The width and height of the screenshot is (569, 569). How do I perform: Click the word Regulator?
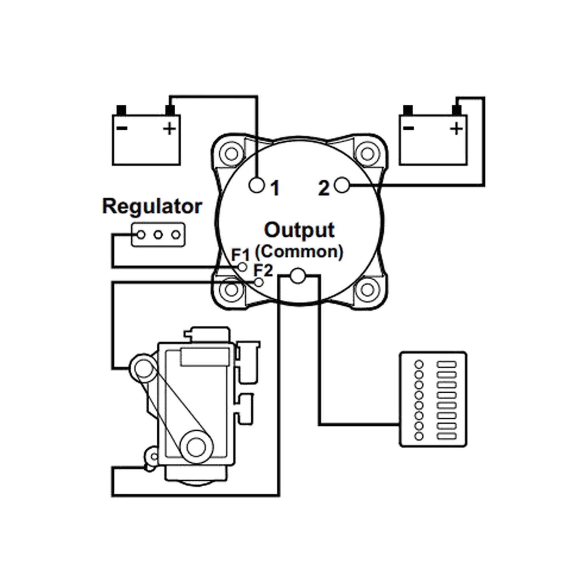[152, 206]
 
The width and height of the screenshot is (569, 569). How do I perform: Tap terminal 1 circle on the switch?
[257, 185]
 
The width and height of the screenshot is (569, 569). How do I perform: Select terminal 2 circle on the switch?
[341, 185]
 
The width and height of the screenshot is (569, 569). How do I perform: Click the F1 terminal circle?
[243, 267]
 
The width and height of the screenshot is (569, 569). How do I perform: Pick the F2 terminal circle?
[259, 282]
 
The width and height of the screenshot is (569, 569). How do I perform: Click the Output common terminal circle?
[298, 276]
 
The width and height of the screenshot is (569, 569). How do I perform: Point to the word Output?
[299, 230]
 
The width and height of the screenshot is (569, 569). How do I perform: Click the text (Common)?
[299, 252]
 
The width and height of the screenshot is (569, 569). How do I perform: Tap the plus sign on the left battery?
[169, 128]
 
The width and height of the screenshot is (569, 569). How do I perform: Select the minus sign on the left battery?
[122, 128]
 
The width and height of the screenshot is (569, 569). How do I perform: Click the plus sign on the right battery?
[456, 128]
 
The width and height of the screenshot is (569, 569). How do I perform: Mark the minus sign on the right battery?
[409, 128]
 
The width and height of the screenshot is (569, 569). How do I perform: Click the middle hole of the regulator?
[158, 235]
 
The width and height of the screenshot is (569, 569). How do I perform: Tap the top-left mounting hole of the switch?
[231, 153]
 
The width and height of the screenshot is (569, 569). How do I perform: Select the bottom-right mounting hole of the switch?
[367, 290]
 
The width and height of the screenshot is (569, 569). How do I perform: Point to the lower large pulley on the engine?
[196, 447]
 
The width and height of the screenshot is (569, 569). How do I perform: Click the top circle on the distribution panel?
[419, 364]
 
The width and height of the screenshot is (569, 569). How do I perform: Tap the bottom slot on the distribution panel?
[447, 436]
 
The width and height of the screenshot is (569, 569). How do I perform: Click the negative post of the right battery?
[408, 110]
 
